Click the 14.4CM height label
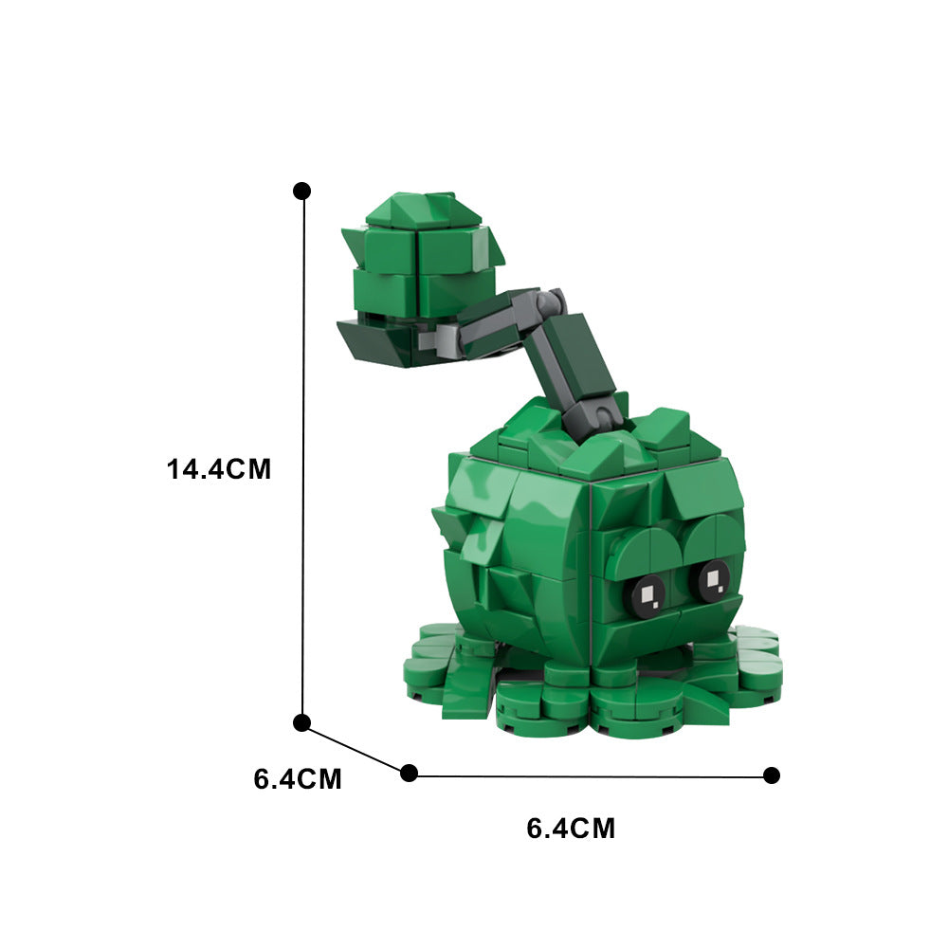[x=219, y=468]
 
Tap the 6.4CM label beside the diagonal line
[x=298, y=779]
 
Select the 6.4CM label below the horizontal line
[x=571, y=829]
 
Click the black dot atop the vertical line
[x=302, y=191]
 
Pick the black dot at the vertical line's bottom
[x=302, y=723]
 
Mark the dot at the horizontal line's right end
[x=772, y=775]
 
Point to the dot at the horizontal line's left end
[x=409, y=773]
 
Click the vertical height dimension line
[x=303, y=455]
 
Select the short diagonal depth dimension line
[x=355, y=748]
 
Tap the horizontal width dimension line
[x=588, y=775]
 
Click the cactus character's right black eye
[x=709, y=579]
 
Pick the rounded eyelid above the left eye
[x=640, y=552]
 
